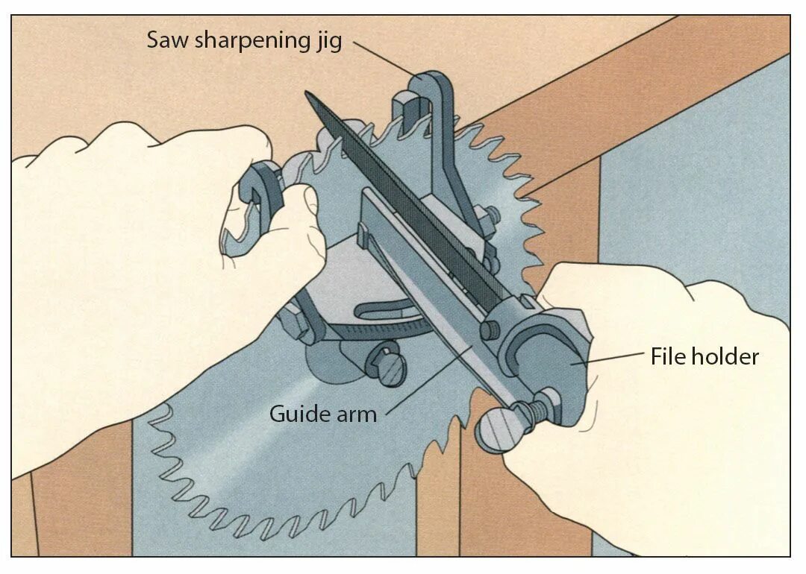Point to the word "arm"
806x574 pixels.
(355, 414)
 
